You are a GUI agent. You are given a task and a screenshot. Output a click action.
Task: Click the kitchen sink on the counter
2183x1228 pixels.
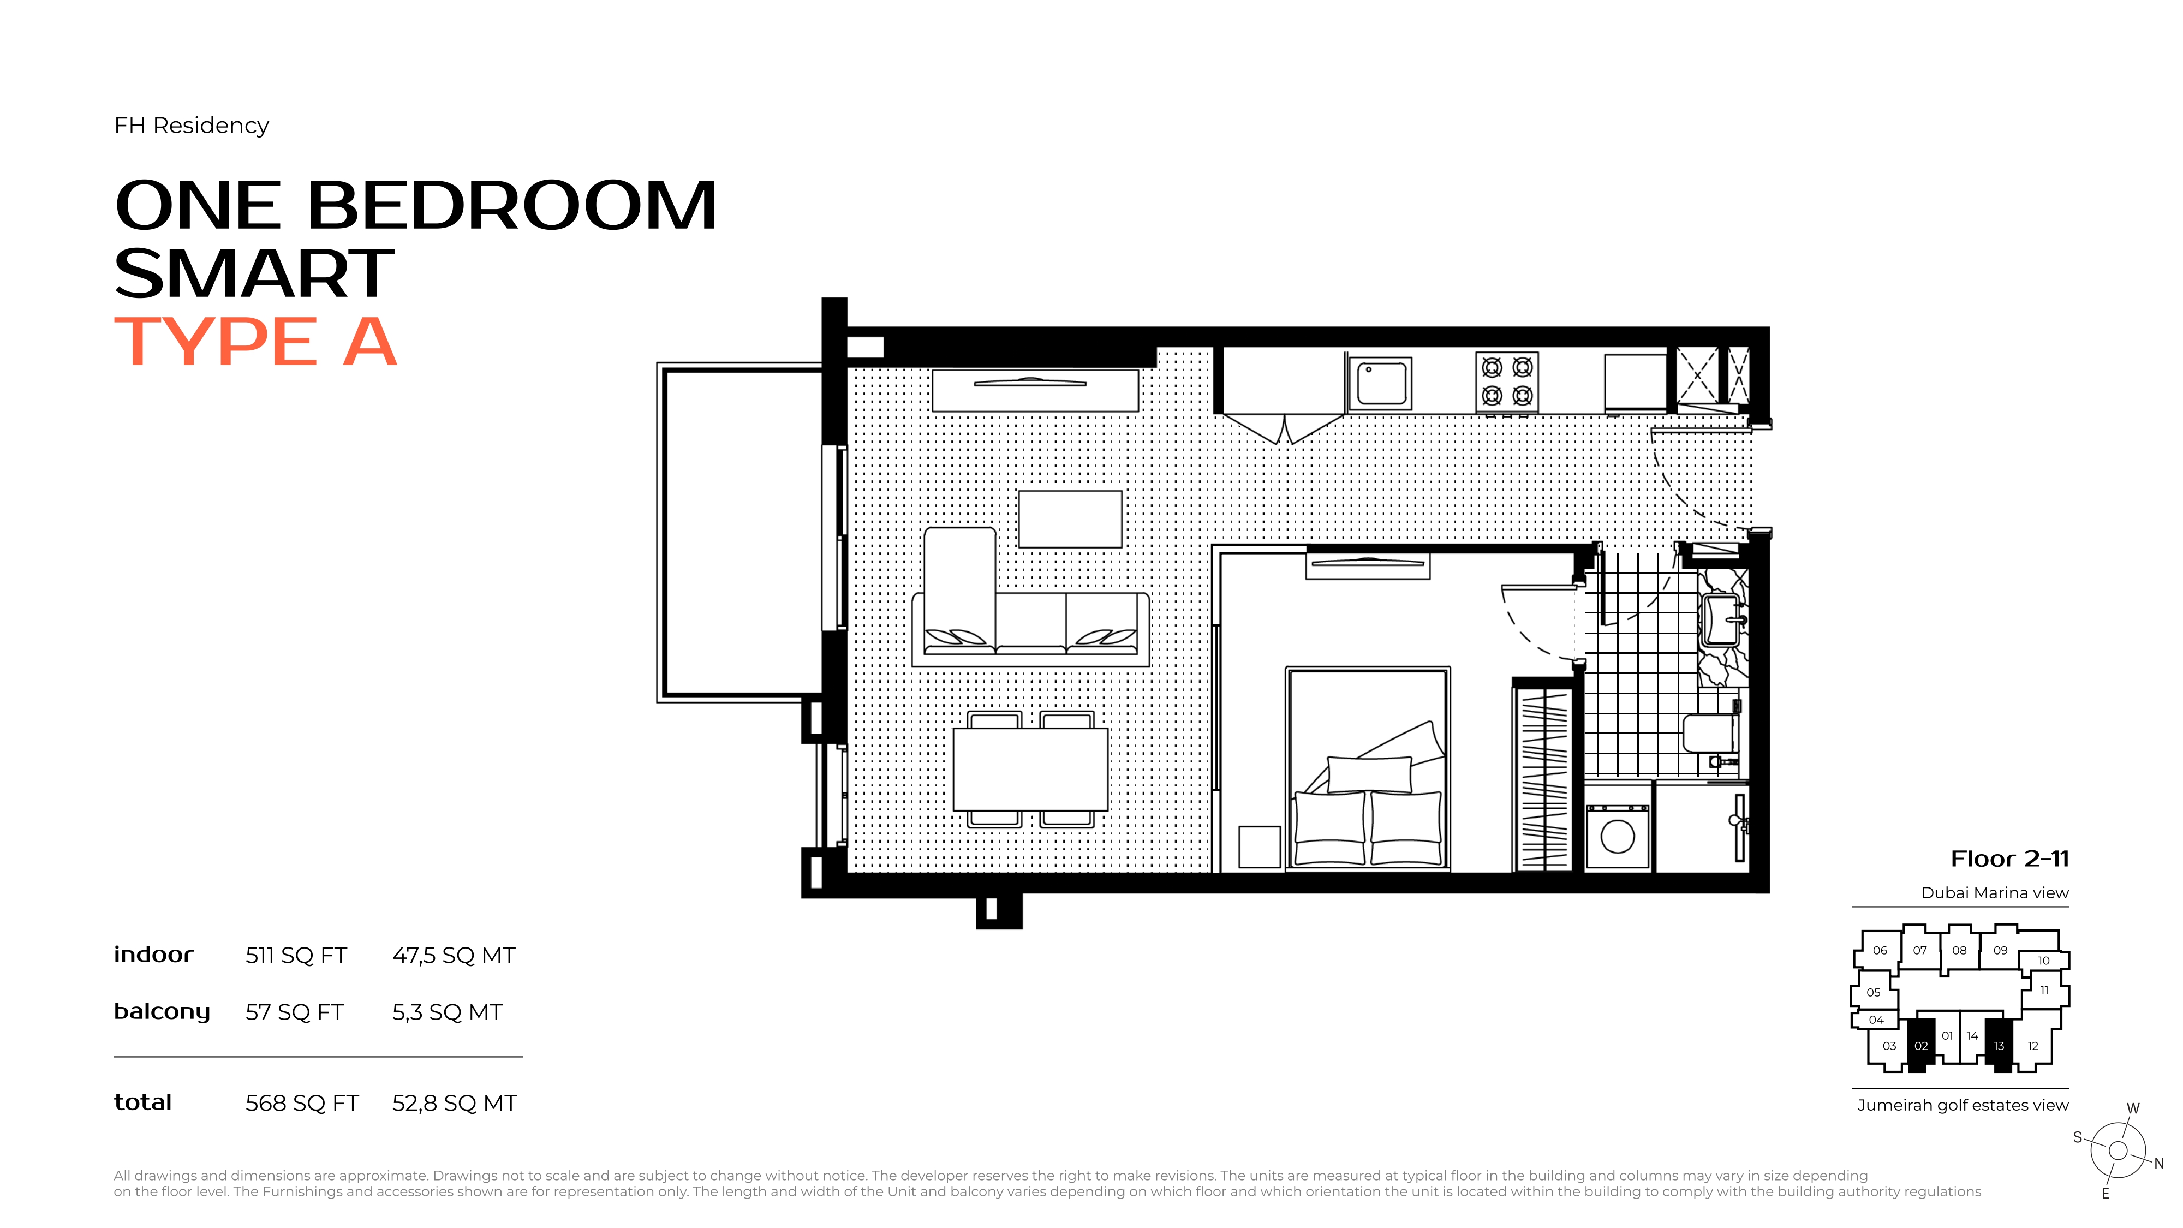(1380, 384)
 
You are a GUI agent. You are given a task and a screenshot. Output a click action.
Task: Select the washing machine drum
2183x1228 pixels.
(1617, 837)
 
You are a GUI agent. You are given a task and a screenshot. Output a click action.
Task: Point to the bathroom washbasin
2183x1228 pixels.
(1722, 621)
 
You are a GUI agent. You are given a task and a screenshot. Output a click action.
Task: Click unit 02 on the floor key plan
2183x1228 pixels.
(1920, 1045)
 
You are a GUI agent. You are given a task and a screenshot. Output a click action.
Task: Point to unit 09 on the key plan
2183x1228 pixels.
(2000, 950)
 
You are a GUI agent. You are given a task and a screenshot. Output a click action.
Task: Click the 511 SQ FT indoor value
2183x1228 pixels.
(296, 956)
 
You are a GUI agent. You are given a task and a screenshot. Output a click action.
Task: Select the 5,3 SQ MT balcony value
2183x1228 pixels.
(446, 1013)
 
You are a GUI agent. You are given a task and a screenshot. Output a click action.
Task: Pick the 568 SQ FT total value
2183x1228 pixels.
(302, 1104)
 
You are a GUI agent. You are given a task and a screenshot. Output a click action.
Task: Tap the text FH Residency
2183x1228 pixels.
(192, 126)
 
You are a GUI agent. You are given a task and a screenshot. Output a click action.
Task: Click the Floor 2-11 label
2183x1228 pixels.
(2009, 860)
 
